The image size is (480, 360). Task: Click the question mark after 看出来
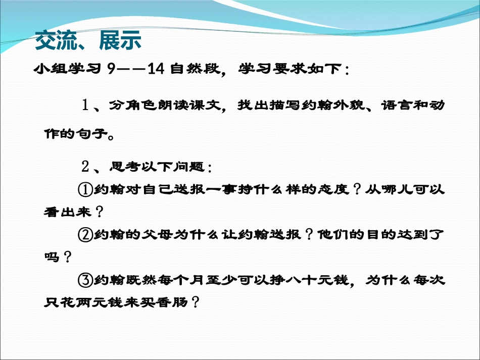99,213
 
